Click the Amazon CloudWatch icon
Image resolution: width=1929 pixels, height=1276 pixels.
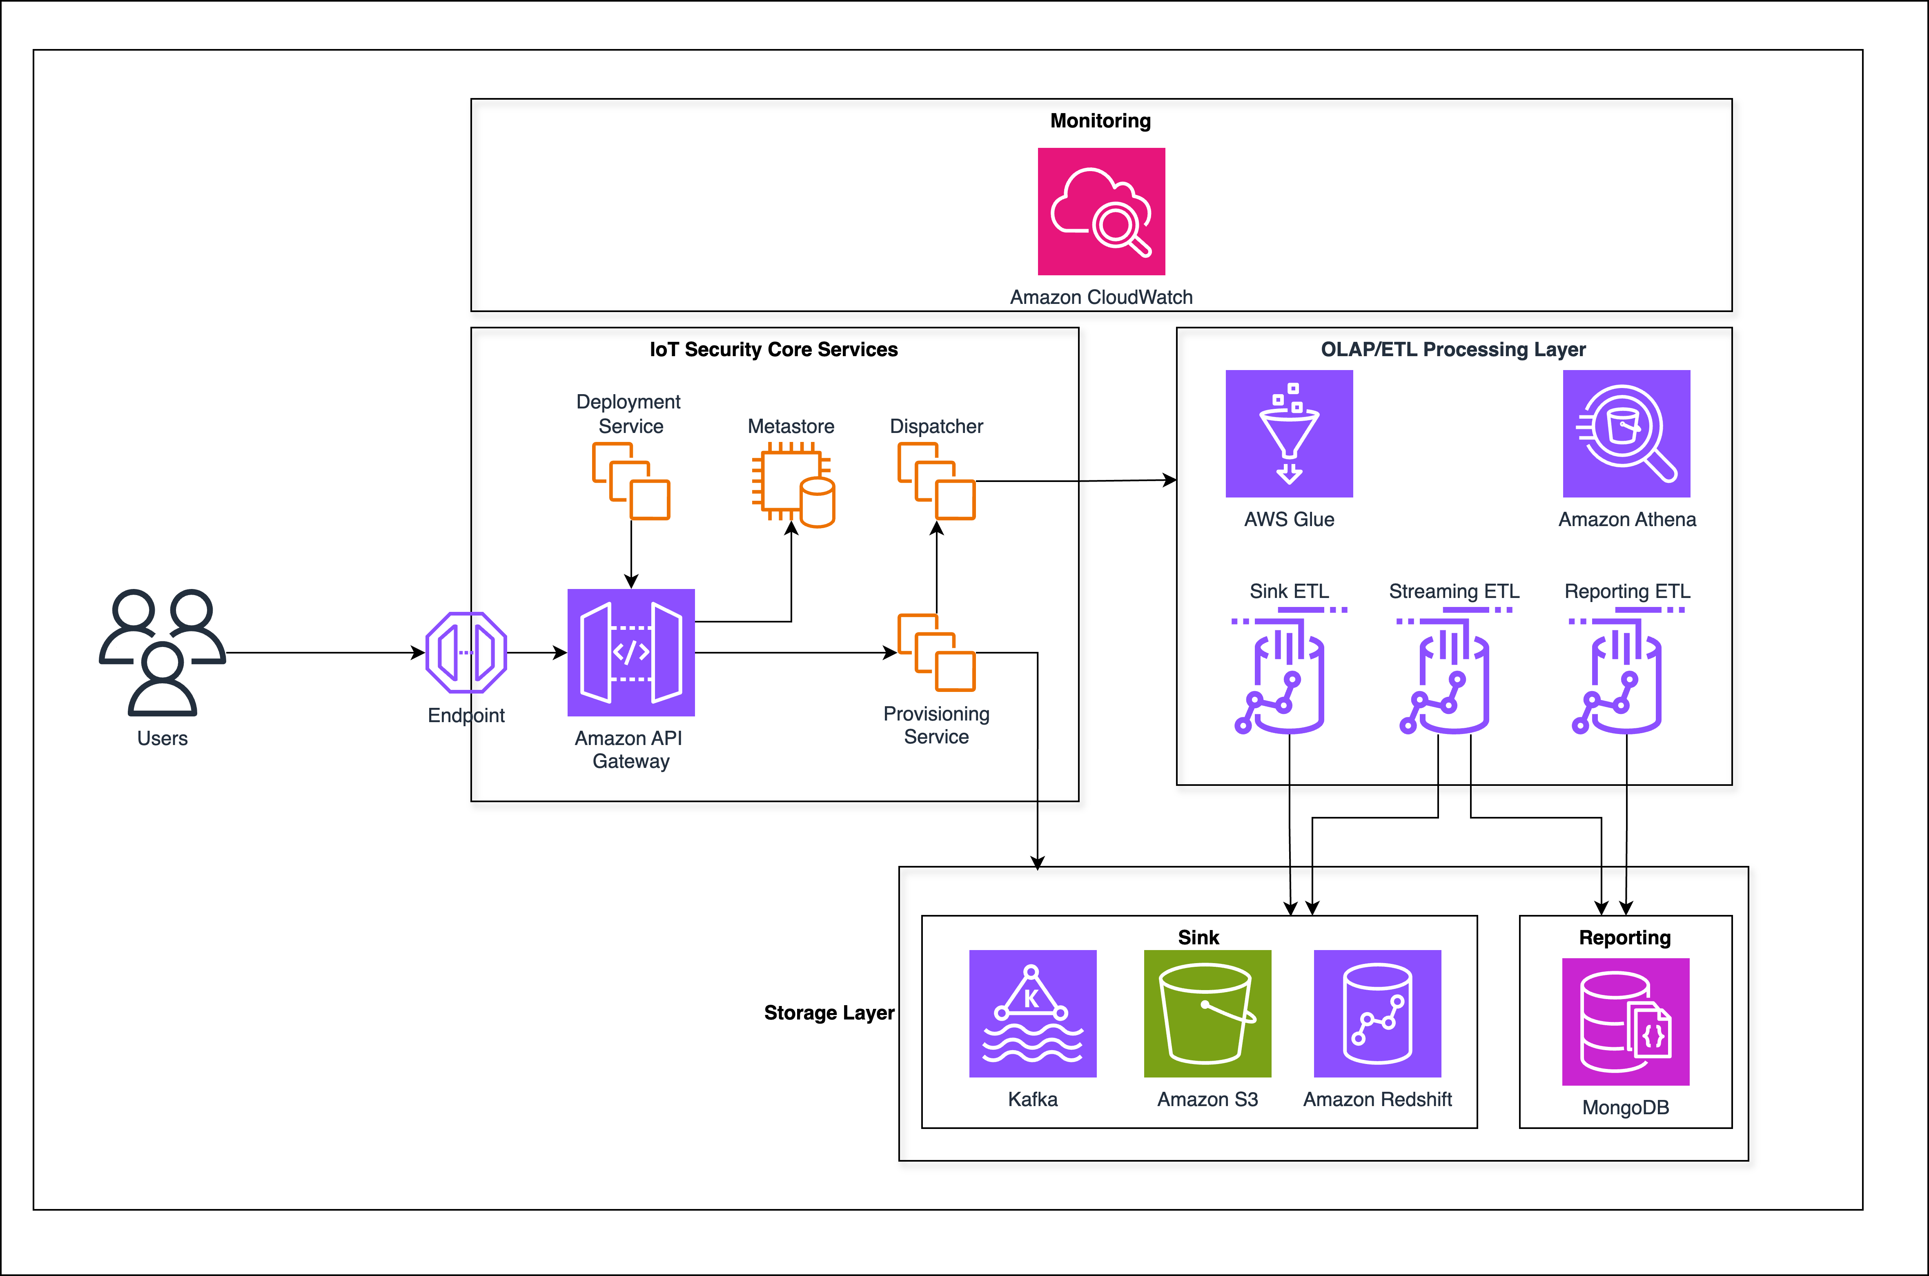(1101, 212)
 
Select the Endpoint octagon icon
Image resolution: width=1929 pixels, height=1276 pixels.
(466, 653)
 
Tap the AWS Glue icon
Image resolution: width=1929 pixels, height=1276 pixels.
(1289, 434)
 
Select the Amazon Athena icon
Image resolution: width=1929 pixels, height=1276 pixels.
(1626, 434)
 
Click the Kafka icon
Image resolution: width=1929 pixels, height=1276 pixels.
(1032, 1013)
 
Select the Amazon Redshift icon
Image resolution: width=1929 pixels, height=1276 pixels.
(1377, 1013)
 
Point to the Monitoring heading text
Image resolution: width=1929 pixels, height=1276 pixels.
(1100, 120)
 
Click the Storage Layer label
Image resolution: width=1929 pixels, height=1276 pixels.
(828, 1012)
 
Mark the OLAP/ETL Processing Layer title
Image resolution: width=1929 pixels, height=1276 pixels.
(1453, 349)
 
